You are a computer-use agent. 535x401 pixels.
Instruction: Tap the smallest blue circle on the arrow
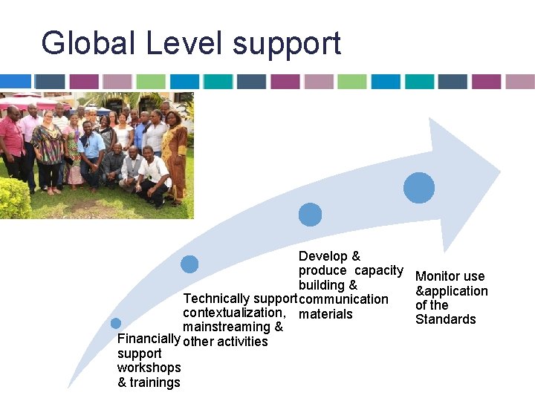click(115, 324)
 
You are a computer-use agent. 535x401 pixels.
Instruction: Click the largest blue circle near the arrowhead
click(419, 188)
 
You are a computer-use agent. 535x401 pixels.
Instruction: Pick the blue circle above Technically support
click(189, 264)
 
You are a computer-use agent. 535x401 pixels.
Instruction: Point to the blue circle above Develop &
click(310, 215)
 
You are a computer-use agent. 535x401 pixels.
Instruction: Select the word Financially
click(149, 339)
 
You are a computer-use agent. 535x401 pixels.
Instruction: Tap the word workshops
click(149, 368)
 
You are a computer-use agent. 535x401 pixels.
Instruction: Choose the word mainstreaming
click(227, 327)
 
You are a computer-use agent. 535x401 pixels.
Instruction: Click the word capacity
click(378, 270)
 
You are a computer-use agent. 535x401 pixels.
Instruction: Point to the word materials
click(325, 313)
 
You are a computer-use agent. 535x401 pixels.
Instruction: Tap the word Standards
click(445, 319)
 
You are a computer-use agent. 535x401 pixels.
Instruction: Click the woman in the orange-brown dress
click(175, 149)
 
